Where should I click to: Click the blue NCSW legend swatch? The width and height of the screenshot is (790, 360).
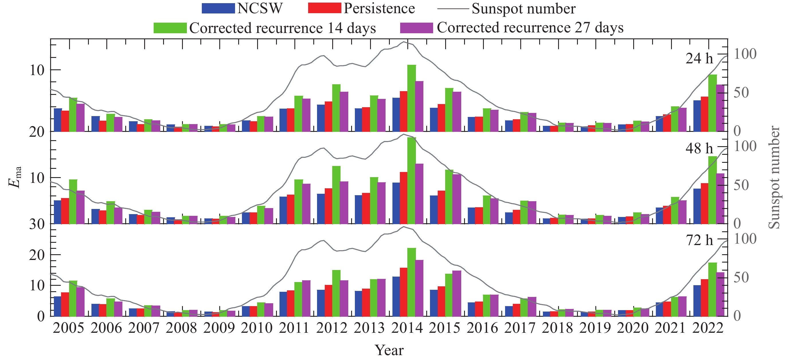click(x=218, y=8)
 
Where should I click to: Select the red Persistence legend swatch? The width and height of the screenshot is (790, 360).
click(x=324, y=8)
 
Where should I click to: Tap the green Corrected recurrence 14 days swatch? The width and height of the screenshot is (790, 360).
click(x=170, y=28)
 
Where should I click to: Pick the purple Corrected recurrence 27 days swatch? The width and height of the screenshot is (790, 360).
click(x=416, y=28)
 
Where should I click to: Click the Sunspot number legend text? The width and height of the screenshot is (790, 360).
click(x=523, y=9)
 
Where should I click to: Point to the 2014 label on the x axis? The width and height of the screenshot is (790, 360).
click(x=407, y=328)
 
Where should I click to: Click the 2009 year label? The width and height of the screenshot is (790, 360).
click(x=219, y=328)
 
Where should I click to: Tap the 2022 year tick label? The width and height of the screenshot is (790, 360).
click(x=708, y=328)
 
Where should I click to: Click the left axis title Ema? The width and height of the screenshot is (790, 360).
click(x=15, y=177)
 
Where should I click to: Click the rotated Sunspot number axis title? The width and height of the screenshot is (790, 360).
click(x=774, y=177)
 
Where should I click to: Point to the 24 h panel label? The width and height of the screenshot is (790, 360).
click(x=699, y=58)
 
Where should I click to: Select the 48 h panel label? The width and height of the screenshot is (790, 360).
click(x=699, y=148)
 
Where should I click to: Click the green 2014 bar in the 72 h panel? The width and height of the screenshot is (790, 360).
click(x=412, y=282)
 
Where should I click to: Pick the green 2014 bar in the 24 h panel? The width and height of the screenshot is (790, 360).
click(x=412, y=98)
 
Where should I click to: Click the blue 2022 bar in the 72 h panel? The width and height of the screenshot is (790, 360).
click(x=697, y=300)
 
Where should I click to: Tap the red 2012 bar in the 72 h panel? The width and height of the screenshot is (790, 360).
click(x=328, y=300)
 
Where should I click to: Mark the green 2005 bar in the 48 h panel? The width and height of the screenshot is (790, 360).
click(x=73, y=202)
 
